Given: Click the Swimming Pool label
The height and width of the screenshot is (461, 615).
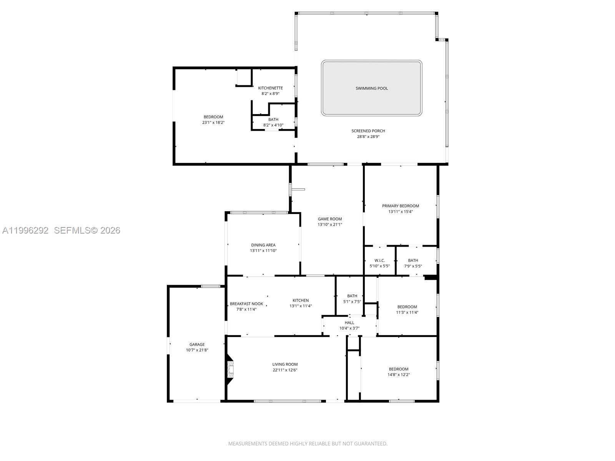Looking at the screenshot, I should tap(371, 88).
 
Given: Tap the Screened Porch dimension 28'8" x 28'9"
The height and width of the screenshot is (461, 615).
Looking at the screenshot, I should tap(368, 136).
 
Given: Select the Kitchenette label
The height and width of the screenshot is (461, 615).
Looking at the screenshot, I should tap(270, 88).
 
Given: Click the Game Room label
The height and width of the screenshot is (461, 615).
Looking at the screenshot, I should tap(329, 219).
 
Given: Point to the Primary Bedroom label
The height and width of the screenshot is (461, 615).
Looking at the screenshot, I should tap(400, 206).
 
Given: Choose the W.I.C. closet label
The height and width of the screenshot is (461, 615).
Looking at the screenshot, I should tap(379, 260).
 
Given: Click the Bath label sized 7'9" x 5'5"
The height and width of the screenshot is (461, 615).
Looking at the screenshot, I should tap(413, 260).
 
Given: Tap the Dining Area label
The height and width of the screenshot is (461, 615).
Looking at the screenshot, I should tap(263, 245).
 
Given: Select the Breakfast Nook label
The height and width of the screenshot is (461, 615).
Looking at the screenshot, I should tap(246, 304).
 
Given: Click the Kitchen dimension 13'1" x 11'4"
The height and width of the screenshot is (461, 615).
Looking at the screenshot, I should tap(301, 306).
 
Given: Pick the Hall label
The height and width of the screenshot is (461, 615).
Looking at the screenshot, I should tap(349, 323).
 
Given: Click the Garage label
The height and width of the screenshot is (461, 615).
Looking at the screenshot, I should tap(197, 345).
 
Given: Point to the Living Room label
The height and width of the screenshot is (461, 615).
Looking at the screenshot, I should tap(285, 365).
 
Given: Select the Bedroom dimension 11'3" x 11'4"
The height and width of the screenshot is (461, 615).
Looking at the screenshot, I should tap(407, 312).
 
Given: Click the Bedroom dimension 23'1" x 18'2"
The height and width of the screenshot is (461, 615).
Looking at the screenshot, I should tap(213, 123).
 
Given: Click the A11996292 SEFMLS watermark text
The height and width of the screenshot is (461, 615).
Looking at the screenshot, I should tap(61, 230).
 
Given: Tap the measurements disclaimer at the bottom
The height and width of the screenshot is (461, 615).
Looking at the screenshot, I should tap(307, 444).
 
